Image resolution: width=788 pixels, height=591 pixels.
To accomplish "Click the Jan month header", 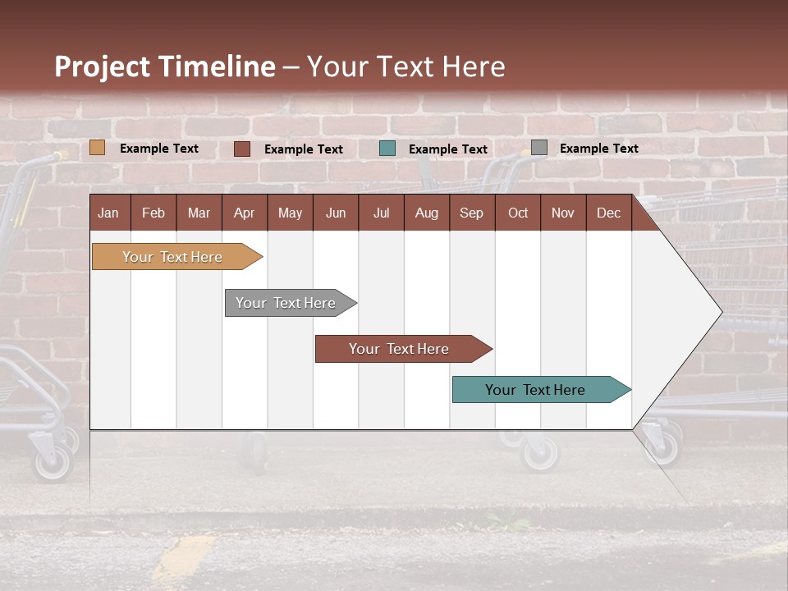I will pyautogui.click(x=108, y=213).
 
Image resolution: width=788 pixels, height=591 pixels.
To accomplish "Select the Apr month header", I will pyautogui.click(x=244, y=213).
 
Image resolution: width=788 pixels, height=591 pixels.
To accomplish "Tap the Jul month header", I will pyautogui.click(x=381, y=213).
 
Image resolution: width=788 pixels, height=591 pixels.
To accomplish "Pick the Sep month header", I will pyautogui.click(x=471, y=213).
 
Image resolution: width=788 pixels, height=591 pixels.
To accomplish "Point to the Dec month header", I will pyautogui.click(x=608, y=213).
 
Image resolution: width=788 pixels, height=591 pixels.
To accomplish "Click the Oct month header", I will pyautogui.click(x=518, y=213).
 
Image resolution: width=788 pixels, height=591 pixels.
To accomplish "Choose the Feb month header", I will pyautogui.click(x=153, y=213).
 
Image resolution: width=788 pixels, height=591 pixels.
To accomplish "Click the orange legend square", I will pyautogui.click(x=98, y=148).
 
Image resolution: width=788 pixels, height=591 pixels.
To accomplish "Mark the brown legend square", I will pyautogui.click(x=242, y=149).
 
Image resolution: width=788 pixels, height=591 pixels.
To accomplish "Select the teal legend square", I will pyautogui.click(x=387, y=149).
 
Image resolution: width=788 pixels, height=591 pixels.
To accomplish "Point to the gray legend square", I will pyautogui.click(x=539, y=148).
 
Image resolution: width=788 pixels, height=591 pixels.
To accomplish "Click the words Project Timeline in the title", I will pyautogui.click(x=165, y=66).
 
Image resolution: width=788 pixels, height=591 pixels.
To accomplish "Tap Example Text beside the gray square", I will pyautogui.click(x=598, y=149).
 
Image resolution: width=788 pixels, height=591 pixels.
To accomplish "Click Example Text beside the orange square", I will pyautogui.click(x=159, y=149).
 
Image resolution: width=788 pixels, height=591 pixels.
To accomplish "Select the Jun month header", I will pyautogui.click(x=336, y=213).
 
